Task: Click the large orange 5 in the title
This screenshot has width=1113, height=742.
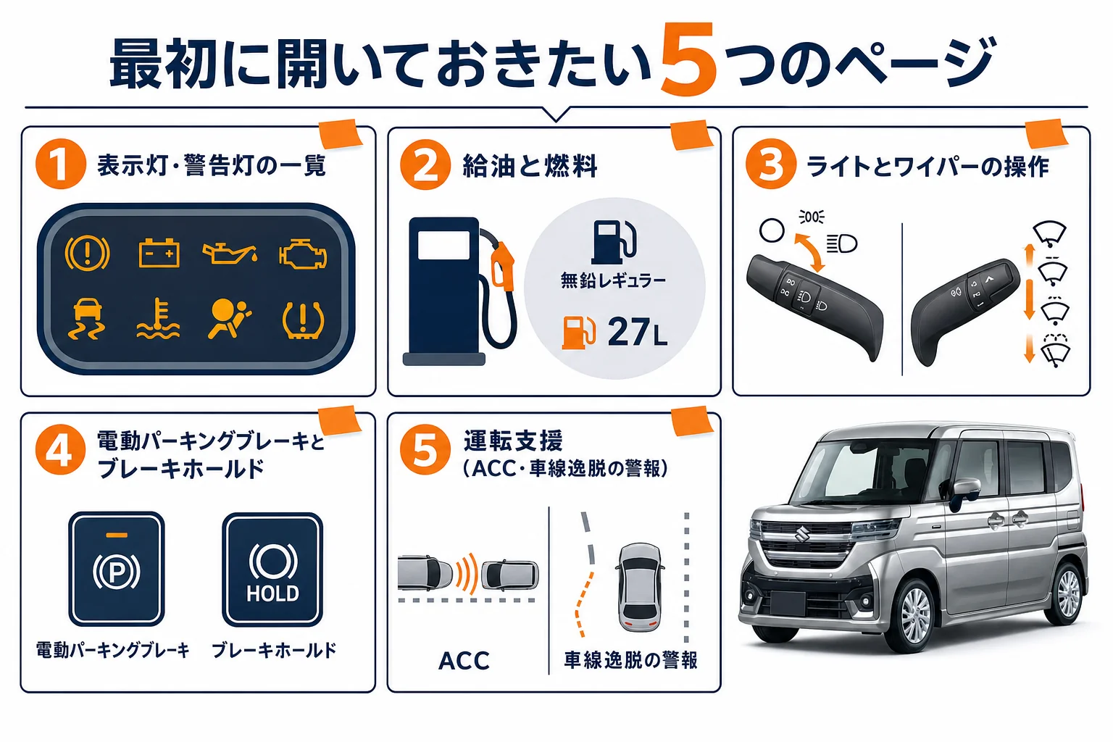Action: (x=688, y=59)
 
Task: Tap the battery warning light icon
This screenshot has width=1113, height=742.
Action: (x=159, y=253)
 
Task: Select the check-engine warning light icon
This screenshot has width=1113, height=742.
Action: (x=303, y=254)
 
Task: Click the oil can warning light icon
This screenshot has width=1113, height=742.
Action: (x=230, y=254)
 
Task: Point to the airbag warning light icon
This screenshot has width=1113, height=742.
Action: (x=229, y=319)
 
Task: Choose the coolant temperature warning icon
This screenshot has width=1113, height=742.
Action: (x=158, y=319)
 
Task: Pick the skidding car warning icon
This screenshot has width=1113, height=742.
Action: (x=87, y=319)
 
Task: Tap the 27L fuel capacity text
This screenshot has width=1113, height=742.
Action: (x=638, y=332)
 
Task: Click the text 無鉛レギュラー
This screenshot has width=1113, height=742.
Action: (x=614, y=281)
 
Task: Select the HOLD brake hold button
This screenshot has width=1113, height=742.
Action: (x=272, y=570)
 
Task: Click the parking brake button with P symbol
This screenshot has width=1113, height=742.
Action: (x=117, y=569)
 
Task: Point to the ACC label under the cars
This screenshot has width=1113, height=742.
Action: (x=464, y=661)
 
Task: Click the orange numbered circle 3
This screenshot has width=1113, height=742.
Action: (x=771, y=164)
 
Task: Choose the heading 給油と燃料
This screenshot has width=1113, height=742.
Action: (x=530, y=166)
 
